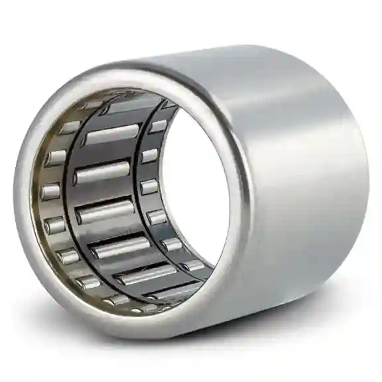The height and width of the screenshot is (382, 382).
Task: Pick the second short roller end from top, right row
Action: tap(150, 156)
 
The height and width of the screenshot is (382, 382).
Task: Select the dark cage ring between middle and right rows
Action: tap(143, 199)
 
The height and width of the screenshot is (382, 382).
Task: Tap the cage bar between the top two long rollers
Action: tap(106, 154)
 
